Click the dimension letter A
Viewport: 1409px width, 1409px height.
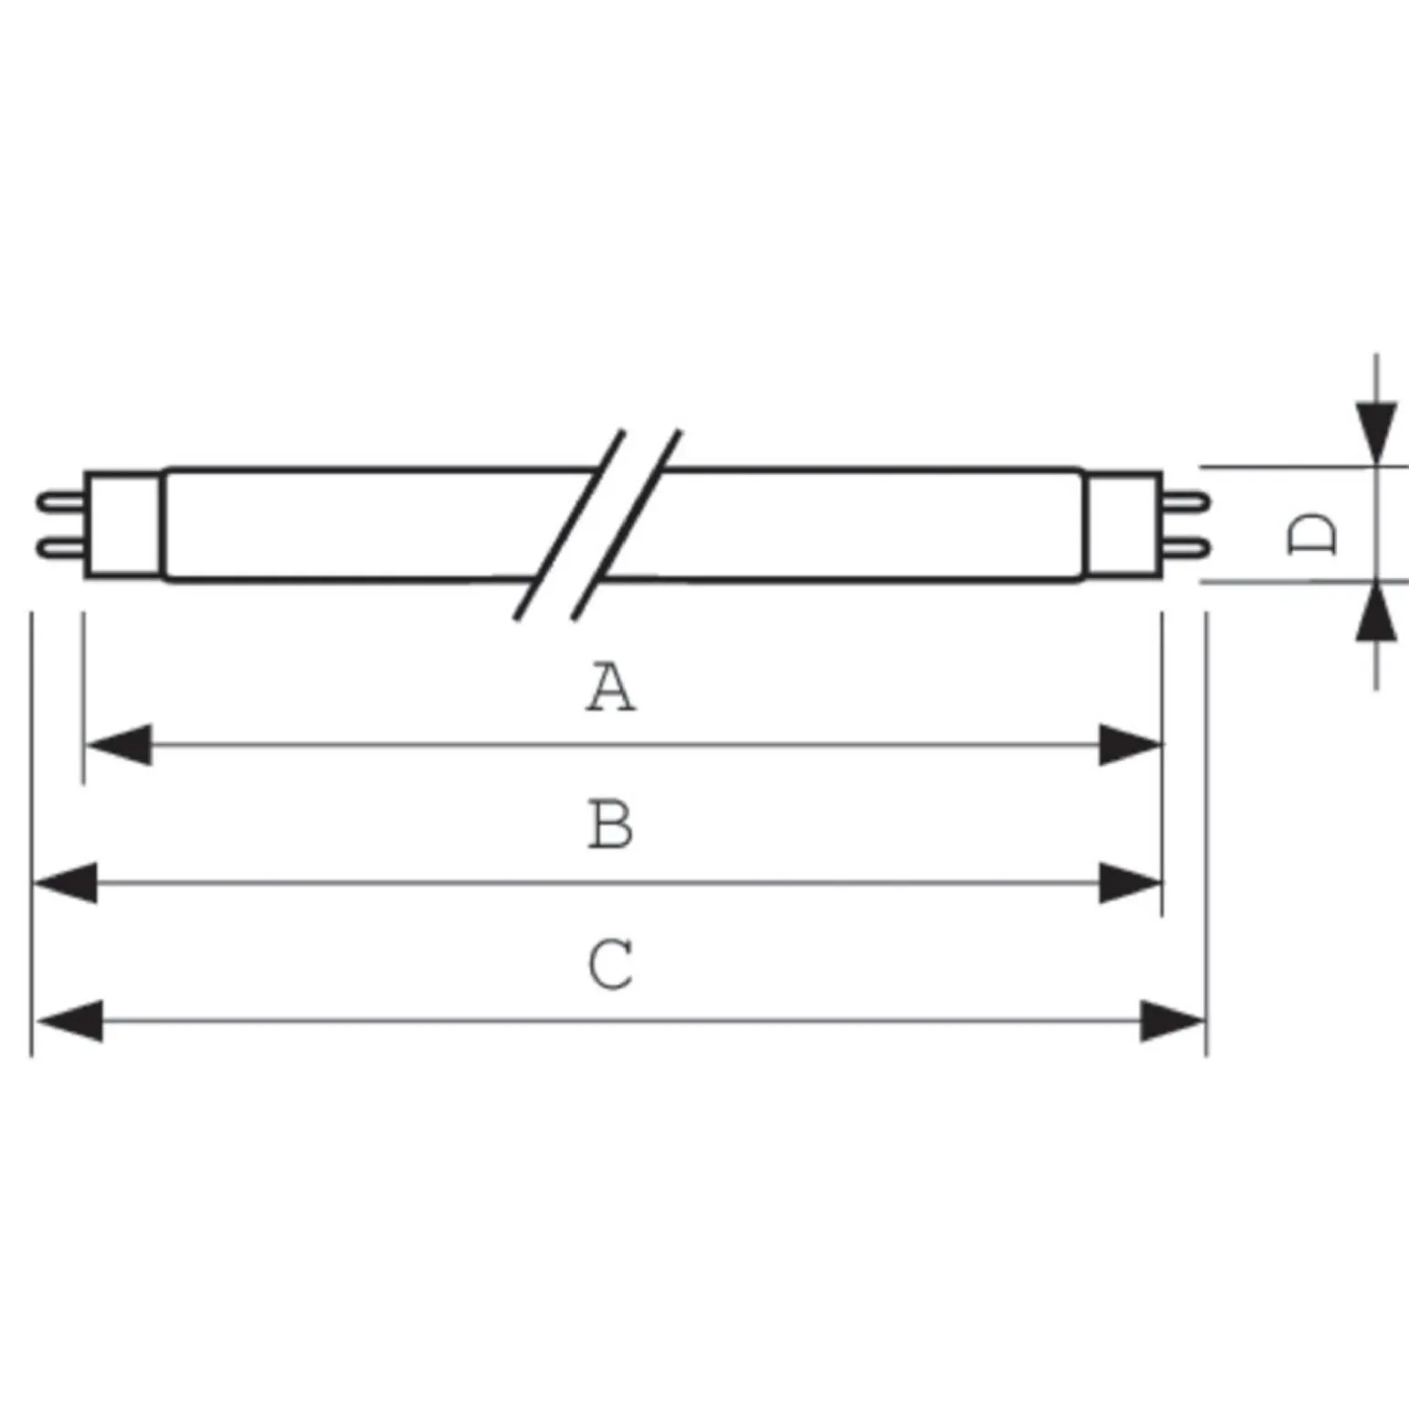610,687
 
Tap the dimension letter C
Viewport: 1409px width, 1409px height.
610,963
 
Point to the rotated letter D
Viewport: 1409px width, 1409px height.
1311,533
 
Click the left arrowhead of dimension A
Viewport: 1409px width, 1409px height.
118,745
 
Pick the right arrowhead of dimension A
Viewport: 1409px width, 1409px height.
1130,745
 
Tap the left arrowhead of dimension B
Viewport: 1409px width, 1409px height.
65,883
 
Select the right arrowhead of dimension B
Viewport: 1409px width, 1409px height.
1130,883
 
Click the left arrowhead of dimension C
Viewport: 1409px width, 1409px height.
70,1020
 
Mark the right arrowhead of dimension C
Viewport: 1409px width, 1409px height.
1173,1020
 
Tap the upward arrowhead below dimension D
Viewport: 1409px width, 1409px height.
1376,611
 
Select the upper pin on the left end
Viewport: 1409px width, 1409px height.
60,501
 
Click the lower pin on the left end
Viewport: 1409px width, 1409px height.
60,548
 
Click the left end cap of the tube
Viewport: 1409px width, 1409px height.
124,524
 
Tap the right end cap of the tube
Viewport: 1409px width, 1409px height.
1124,524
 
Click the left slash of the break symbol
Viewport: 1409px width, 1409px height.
569,524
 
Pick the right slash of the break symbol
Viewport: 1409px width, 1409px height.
627,524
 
